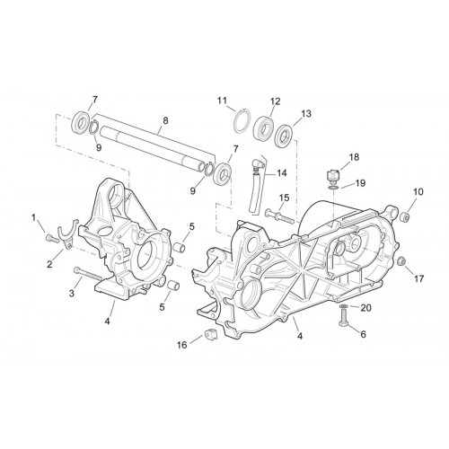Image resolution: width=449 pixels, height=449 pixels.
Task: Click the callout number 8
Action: [x=165, y=120]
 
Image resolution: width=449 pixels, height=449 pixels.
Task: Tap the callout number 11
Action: [x=222, y=101]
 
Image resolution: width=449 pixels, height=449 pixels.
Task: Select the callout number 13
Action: [x=306, y=114]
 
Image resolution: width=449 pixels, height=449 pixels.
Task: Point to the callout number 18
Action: [x=354, y=157]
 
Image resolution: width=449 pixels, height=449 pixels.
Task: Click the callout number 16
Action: [x=182, y=345]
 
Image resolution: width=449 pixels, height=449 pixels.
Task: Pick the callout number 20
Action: [x=365, y=307]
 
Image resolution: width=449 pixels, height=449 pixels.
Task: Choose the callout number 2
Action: [x=49, y=264]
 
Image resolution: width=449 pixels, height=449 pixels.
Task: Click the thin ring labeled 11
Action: [x=242, y=119]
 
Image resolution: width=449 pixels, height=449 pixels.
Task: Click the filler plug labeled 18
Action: [x=333, y=175]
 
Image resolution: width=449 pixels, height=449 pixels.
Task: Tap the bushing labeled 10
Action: [x=404, y=216]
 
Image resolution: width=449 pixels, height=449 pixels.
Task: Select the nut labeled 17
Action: [x=401, y=261]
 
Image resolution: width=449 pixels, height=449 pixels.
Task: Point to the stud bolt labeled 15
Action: [x=280, y=216]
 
